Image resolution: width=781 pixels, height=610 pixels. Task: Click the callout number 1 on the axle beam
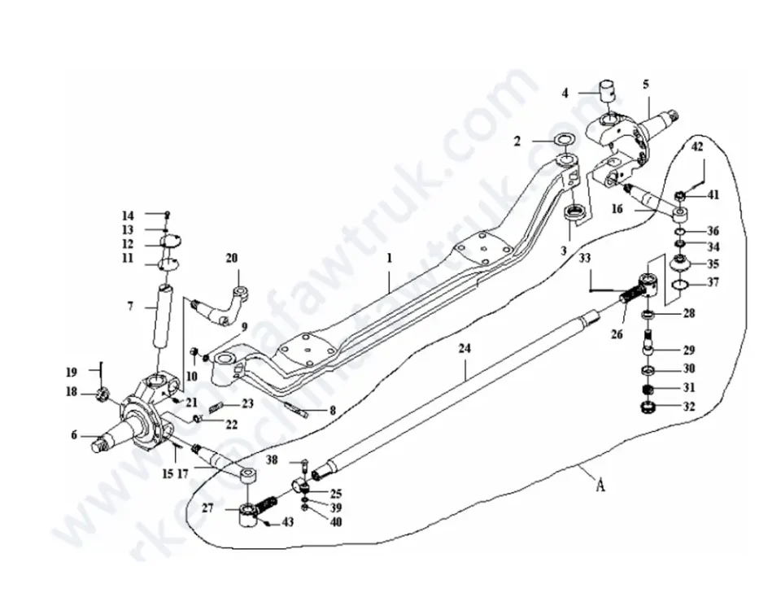(x=390, y=258)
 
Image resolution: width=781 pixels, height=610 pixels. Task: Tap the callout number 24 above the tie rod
(x=465, y=349)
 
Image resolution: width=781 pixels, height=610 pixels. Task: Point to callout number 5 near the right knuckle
(x=646, y=84)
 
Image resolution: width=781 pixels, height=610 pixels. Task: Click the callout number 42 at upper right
(x=697, y=147)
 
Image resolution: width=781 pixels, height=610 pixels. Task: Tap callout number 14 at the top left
(x=128, y=216)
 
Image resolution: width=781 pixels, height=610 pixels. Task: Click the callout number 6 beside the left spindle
(x=74, y=435)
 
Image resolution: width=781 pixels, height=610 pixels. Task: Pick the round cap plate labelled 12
(x=169, y=240)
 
